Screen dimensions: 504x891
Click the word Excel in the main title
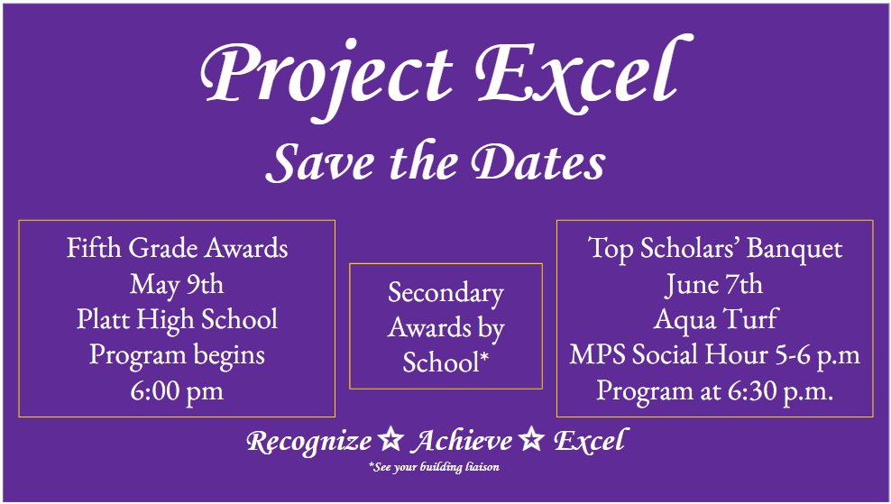point(581,70)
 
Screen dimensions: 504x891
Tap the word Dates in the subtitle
point(539,163)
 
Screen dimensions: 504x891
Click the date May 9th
point(177,284)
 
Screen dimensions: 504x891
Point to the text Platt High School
point(177,319)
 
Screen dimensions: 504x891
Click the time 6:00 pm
point(177,390)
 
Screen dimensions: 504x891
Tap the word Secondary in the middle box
point(445,293)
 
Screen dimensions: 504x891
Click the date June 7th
point(713,284)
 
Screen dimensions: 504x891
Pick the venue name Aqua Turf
point(715,319)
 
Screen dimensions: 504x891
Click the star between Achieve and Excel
point(531,441)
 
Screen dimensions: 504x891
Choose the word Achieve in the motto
point(460,442)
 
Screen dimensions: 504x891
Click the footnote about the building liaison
point(434,467)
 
